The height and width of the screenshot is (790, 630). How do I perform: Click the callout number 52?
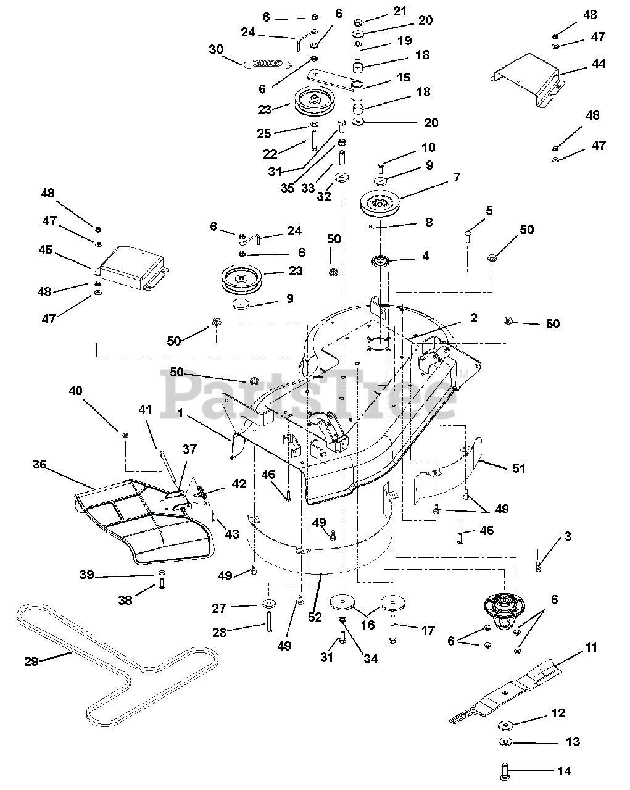click(x=315, y=617)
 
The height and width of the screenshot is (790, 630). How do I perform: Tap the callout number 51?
click(x=518, y=468)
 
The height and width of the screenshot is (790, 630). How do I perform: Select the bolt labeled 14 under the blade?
click(x=503, y=771)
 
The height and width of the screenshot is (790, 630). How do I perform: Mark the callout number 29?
click(x=31, y=661)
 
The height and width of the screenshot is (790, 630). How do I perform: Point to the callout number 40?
click(x=75, y=391)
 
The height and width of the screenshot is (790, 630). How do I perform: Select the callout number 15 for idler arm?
click(x=404, y=78)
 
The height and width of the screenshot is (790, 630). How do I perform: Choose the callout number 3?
click(x=566, y=536)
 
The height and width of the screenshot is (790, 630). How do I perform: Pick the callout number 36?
click(x=39, y=465)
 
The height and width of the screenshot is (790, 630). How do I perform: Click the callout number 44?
click(x=598, y=64)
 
